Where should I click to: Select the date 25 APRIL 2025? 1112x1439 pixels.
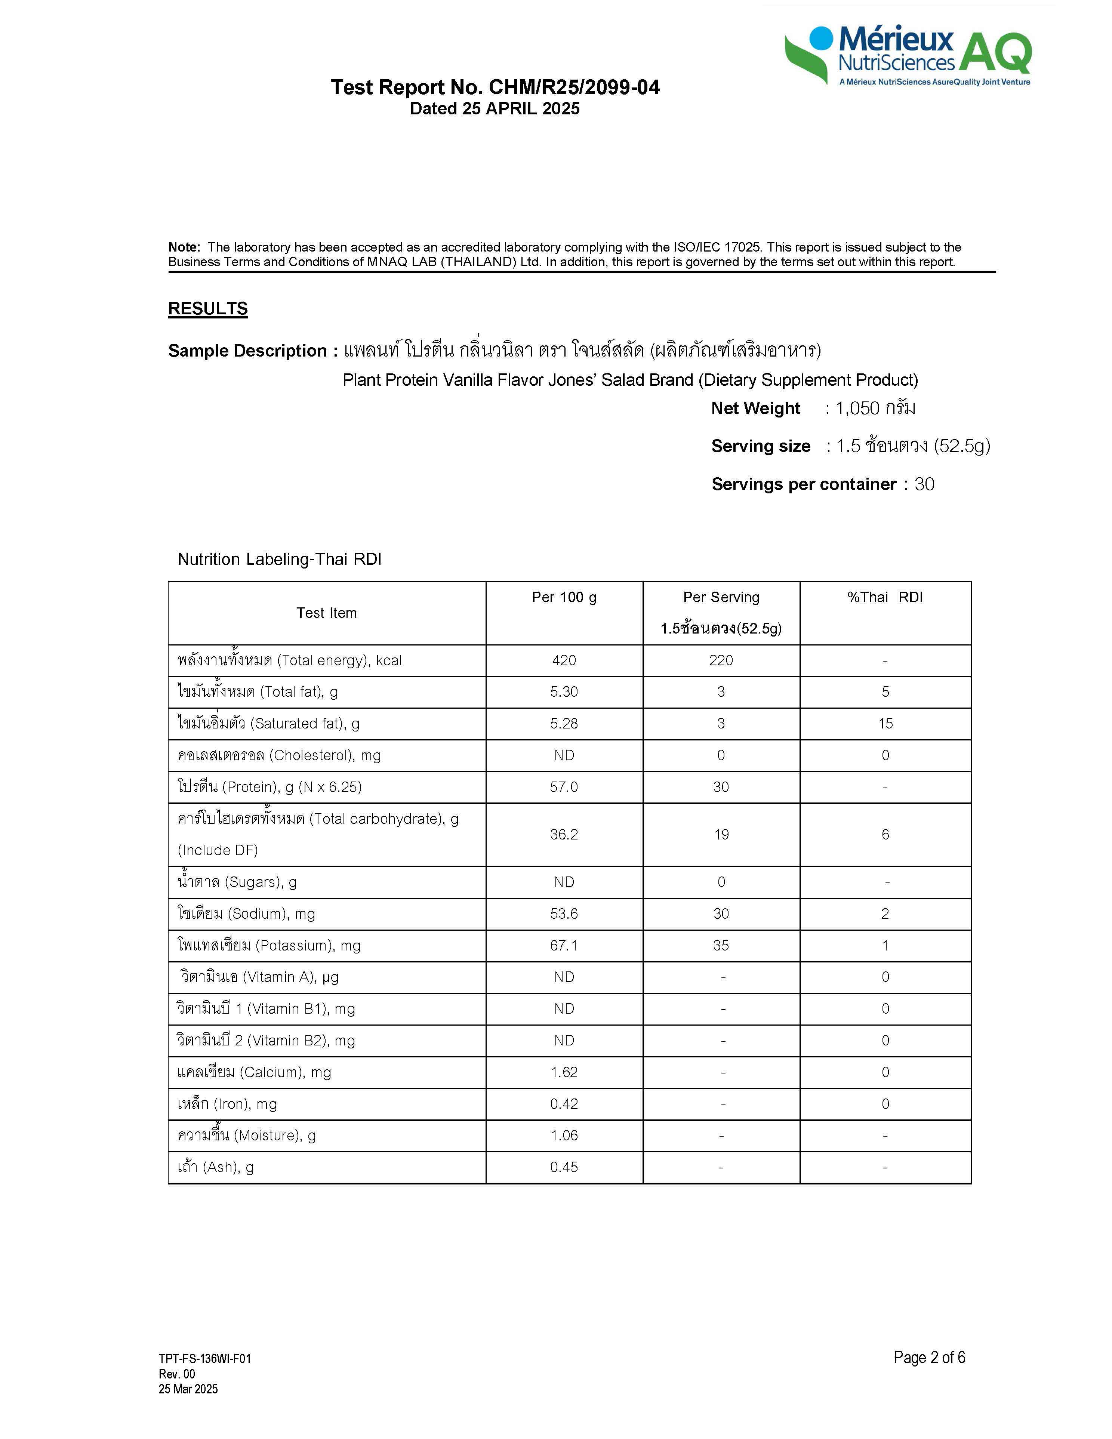[520, 109]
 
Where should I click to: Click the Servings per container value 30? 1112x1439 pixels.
[924, 484]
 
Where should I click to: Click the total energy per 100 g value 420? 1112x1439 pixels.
[564, 660]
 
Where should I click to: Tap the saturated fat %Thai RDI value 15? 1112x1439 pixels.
[885, 724]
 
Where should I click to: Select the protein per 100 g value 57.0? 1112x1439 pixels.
[564, 787]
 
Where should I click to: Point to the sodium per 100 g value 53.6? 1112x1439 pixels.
[564, 914]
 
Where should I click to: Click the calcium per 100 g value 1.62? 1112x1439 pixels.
[564, 1072]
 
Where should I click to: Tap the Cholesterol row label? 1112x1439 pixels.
[279, 755]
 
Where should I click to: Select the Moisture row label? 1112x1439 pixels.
[246, 1135]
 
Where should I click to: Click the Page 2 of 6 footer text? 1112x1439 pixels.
[929, 1357]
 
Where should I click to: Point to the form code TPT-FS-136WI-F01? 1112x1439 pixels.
[205, 1359]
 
